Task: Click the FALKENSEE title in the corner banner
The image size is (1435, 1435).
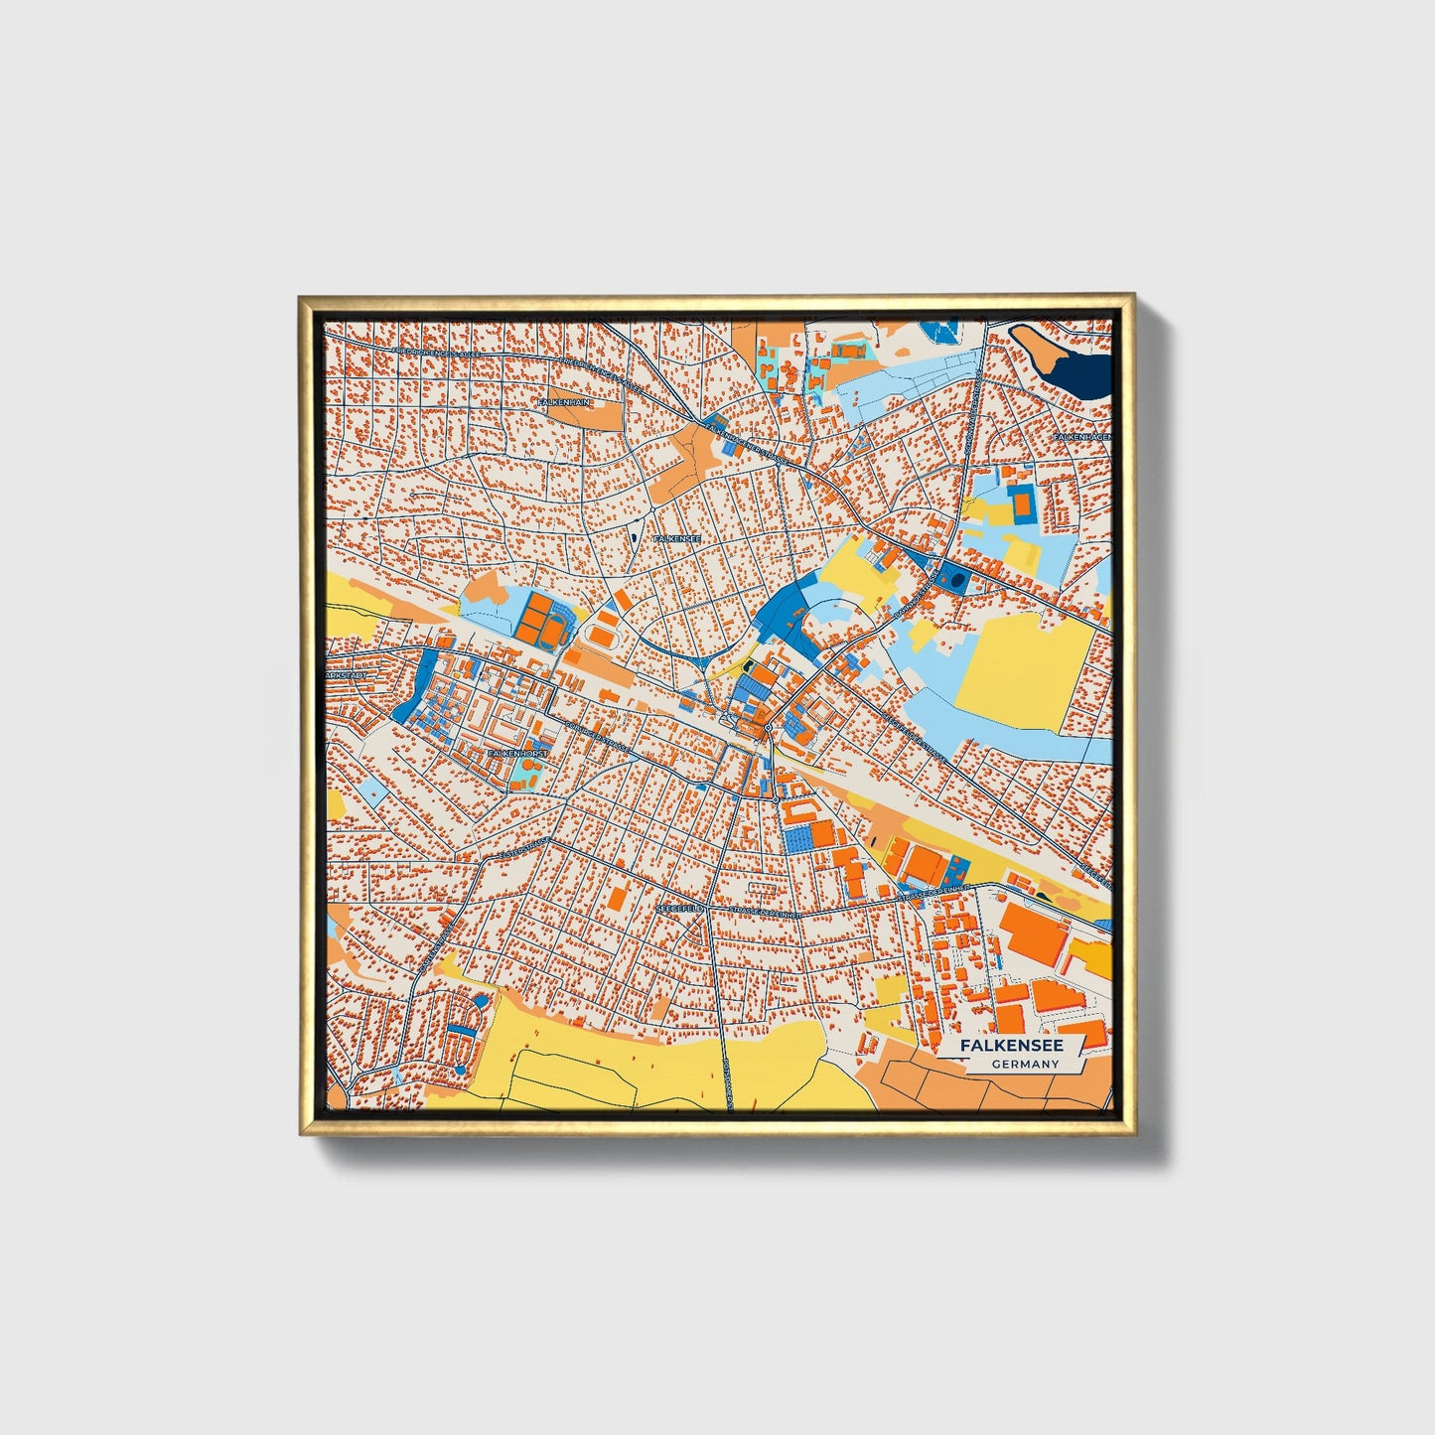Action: (1011, 1046)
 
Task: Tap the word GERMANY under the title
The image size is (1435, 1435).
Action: (1025, 1065)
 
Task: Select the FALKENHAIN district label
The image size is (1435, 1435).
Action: (563, 402)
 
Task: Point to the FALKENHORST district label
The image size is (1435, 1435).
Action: (517, 754)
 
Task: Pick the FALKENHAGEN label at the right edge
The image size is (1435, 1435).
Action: (1082, 436)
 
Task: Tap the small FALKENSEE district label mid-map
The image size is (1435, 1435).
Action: (678, 538)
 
